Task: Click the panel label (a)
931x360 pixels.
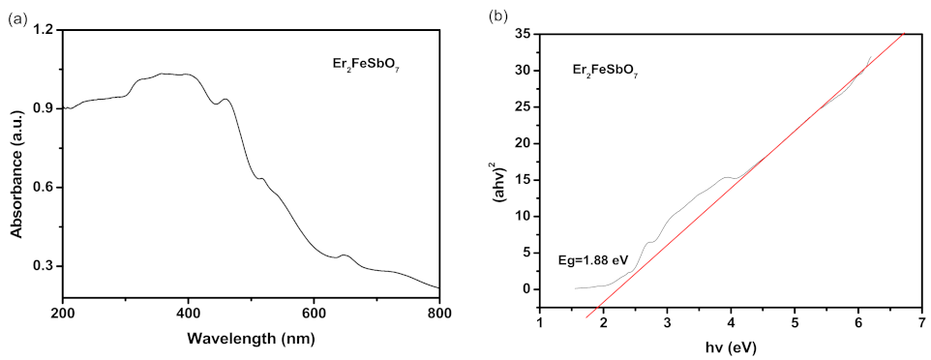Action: pyautogui.click(x=16, y=16)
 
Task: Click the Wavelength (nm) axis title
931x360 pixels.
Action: pyautogui.click(x=251, y=340)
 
